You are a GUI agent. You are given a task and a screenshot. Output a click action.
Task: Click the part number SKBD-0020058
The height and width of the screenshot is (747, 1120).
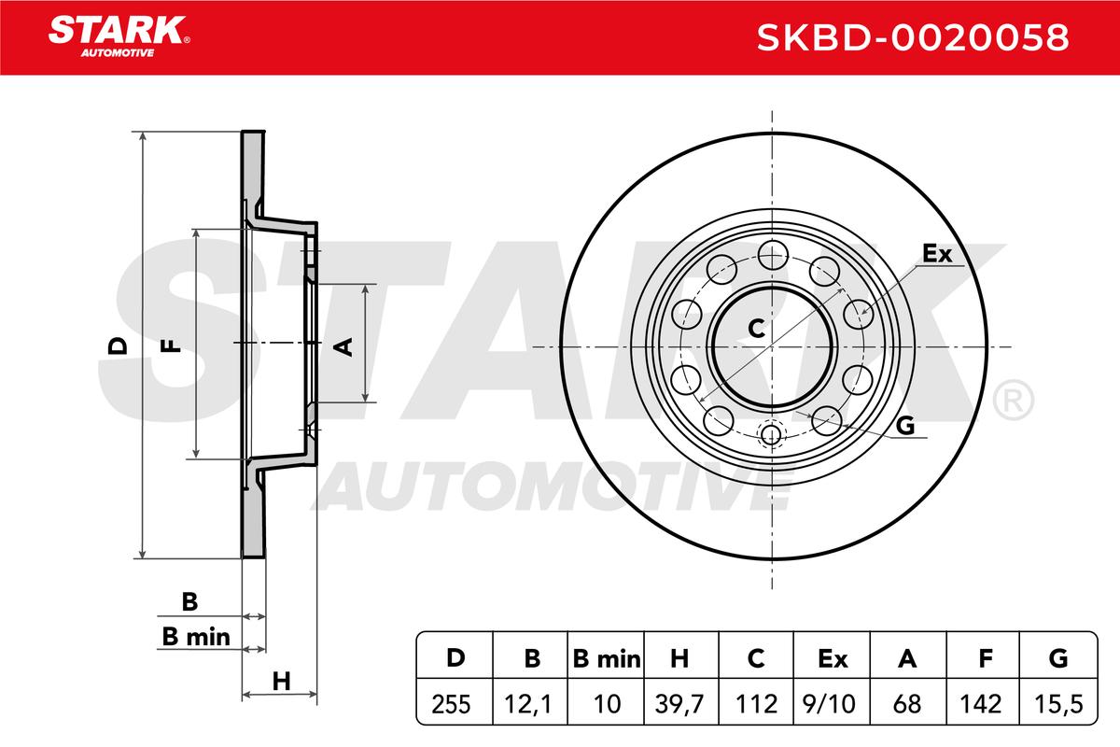(913, 37)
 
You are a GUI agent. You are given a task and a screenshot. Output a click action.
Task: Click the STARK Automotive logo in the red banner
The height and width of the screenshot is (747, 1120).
(119, 36)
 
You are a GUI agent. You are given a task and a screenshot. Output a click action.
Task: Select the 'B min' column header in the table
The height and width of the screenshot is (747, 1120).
(607, 659)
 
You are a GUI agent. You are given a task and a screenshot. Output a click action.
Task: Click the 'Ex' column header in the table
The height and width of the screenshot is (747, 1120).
(833, 659)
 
